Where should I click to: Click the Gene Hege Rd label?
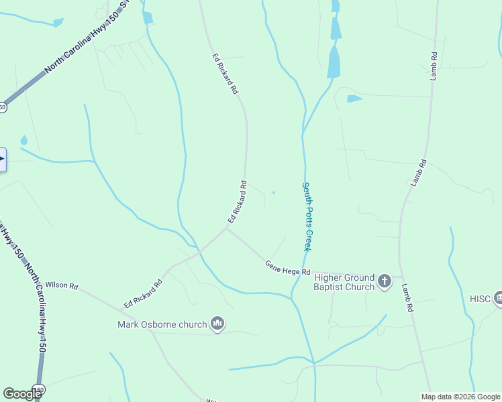pos(287,269)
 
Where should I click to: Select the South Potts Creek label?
pos(306,216)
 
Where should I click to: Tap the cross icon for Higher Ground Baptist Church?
pos(385,281)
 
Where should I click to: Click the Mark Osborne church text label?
pos(162,325)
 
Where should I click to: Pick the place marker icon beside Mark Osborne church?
pos(217,324)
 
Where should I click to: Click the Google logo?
pos(22,394)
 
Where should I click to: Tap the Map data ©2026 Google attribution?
pos(460,397)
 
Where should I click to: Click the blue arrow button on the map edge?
pos(2,159)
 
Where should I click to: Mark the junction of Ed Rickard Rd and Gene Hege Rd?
pos(226,229)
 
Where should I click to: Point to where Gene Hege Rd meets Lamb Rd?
pos(401,276)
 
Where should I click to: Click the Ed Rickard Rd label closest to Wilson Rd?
pos(143,294)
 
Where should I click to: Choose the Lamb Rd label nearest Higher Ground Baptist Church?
pos(407,297)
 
